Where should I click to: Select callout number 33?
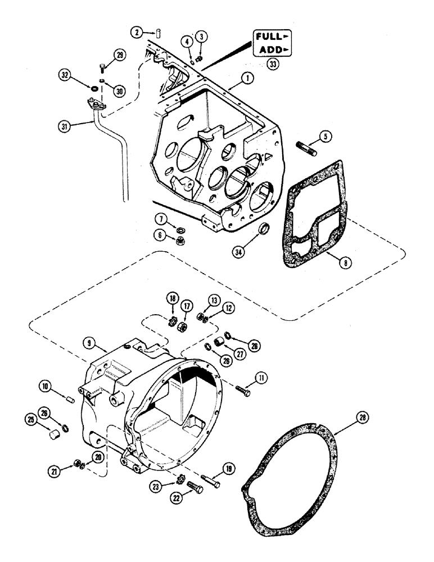click(273, 65)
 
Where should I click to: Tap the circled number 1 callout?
click(246, 81)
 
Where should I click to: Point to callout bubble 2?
click(133, 32)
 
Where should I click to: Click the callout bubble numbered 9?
click(88, 341)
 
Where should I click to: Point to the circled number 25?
click(30, 418)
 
